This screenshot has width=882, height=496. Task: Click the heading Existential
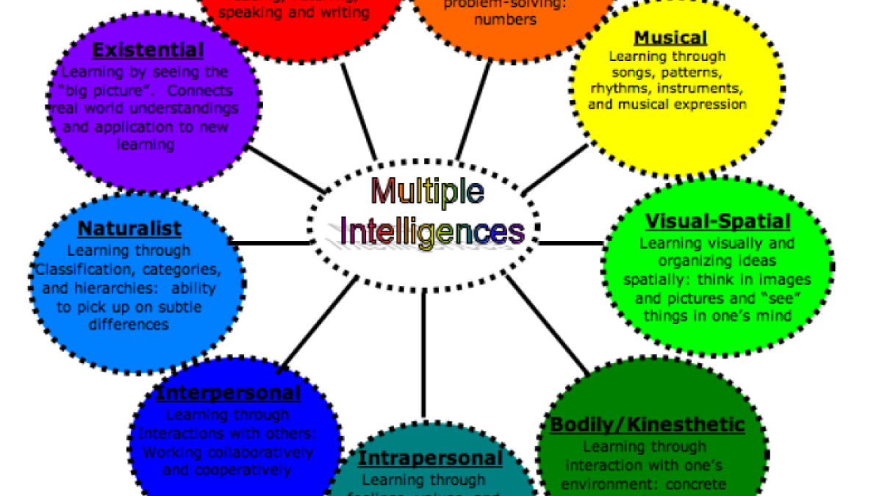(x=148, y=51)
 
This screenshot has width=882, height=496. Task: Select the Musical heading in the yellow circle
(x=670, y=38)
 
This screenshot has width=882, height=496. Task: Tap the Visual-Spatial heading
(x=717, y=221)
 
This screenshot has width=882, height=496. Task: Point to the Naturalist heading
(x=129, y=229)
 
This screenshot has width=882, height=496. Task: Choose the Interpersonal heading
(x=227, y=393)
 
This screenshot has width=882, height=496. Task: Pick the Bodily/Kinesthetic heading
(x=647, y=425)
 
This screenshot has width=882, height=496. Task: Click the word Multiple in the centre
(x=427, y=193)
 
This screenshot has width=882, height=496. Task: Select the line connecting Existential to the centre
(x=287, y=169)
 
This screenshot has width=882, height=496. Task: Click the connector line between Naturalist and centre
(x=269, y=242)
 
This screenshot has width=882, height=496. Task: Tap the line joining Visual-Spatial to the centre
(x=572, y=243)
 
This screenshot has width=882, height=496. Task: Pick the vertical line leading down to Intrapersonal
(x=424, y=353)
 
